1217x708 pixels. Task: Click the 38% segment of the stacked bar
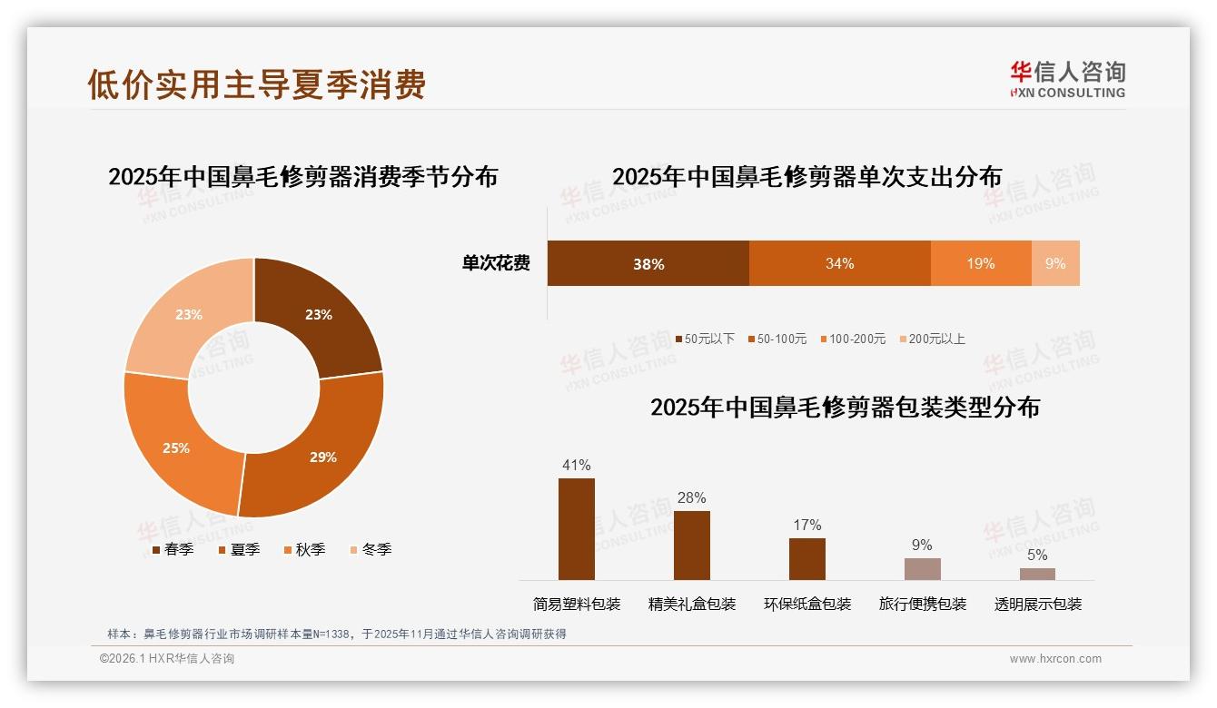pyautogui.click(x=648, y=263)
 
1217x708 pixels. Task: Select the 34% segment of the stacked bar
pyautogui.click(x=839, y=263)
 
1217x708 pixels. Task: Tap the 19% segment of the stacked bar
pyautogui.click(x=980, y=263)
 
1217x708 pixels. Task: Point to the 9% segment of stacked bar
pyautogui.click(x=1055, y=263)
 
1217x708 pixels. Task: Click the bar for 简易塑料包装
pyautogui.click(x=576, y=529)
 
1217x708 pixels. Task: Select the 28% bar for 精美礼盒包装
pyautogui.click(x=691, y=545)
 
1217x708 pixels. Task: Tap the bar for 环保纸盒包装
pyautogui.click(x=806, y=558)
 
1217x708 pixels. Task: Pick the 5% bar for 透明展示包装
pyautogui.click(x=1037, y=574)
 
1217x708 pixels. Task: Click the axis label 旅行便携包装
pyautogui.click(x=922, y=605)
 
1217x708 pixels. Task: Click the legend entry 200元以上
pyautogui.click(x=935, y=339)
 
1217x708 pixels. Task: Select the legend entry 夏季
pyautogui.click(x=244, y=549)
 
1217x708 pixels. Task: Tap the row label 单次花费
pyautogui.click(x=496, y=263)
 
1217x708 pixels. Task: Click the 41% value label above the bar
pyautogui.click(x=576, y=466)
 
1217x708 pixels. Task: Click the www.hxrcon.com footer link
pyautogui.click(x=1054, y=659)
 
